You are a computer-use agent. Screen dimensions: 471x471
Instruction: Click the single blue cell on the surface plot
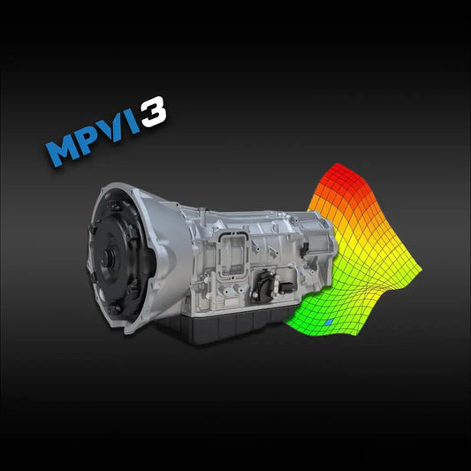329,323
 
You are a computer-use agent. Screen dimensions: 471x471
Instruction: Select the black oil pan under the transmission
221,331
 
